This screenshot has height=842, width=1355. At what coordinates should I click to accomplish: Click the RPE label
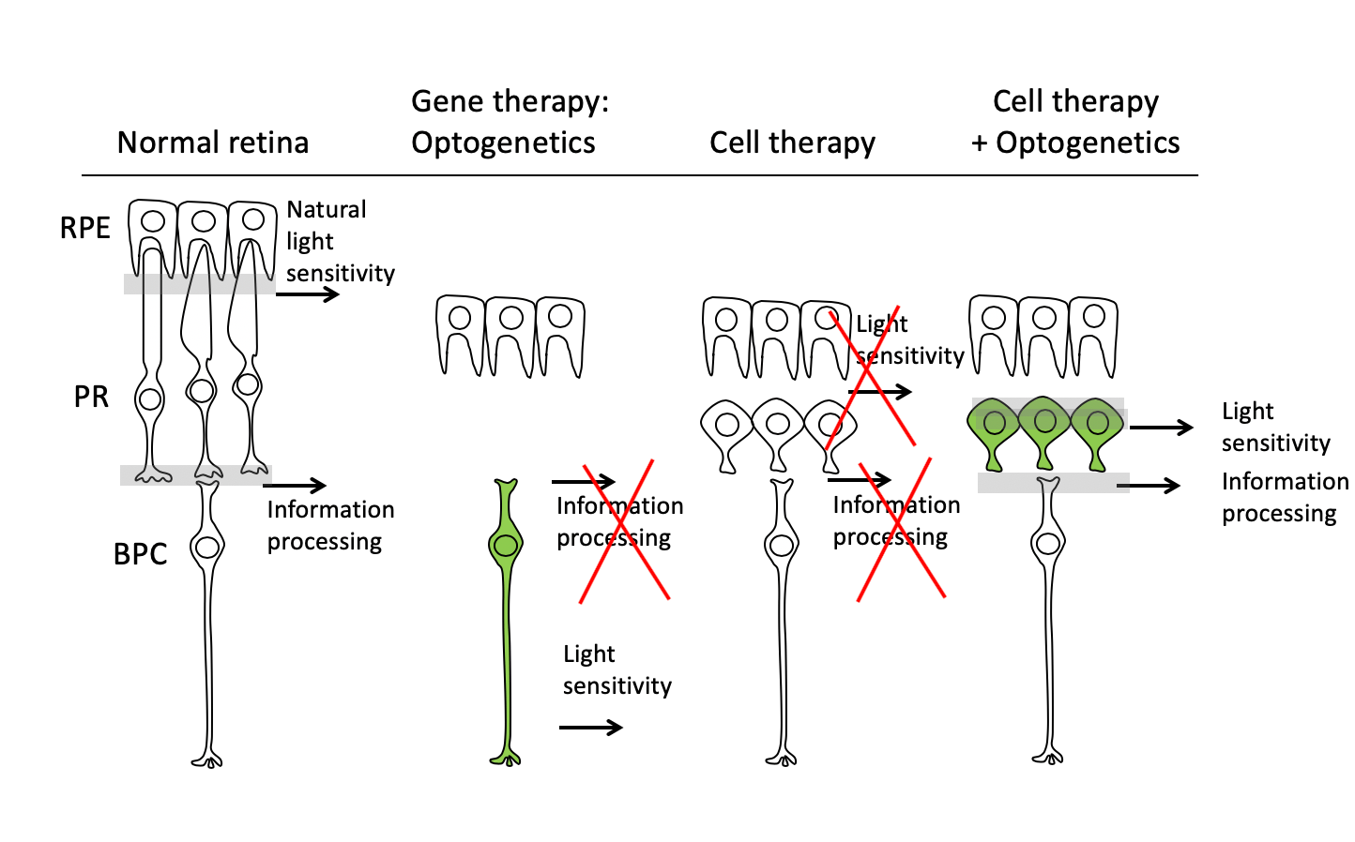[x=84, y=228]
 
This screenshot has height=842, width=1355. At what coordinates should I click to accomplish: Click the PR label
[x=91, y=397]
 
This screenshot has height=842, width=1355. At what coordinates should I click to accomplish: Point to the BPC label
[x=140, y=554]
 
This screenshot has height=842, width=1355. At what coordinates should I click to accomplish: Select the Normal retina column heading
[x=212, y=143]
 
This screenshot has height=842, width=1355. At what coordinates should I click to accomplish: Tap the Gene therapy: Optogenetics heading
[x=510, y=122]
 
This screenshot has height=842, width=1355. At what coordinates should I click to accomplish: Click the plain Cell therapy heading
[x=792, y=143]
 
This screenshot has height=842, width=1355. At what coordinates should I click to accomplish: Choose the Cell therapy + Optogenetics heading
[x=1075, y=122]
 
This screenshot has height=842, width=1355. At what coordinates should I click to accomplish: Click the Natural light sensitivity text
[x=339, y=241]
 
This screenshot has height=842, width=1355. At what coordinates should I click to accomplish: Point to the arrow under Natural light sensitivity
[x=308, y=294]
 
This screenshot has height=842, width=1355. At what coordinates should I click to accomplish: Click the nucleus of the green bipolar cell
[x=506, y=545]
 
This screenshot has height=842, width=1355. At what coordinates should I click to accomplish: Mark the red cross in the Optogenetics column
[x=625, y=532]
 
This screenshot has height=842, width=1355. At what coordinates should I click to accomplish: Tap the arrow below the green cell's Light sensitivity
[x=591, y=727]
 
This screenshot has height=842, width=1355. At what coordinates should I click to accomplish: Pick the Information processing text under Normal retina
[x=329, y=525]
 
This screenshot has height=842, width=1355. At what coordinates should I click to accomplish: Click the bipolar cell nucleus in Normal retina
[x=207, y=547]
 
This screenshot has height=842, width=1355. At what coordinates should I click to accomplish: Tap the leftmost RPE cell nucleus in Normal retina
[x=153, y=221]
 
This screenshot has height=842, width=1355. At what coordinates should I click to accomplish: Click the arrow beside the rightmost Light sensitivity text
[x=1161, y=428]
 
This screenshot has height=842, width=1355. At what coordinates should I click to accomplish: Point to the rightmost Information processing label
[x=1284, y=497]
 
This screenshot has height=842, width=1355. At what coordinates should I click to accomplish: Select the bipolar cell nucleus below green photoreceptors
[x=1047, y=543]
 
